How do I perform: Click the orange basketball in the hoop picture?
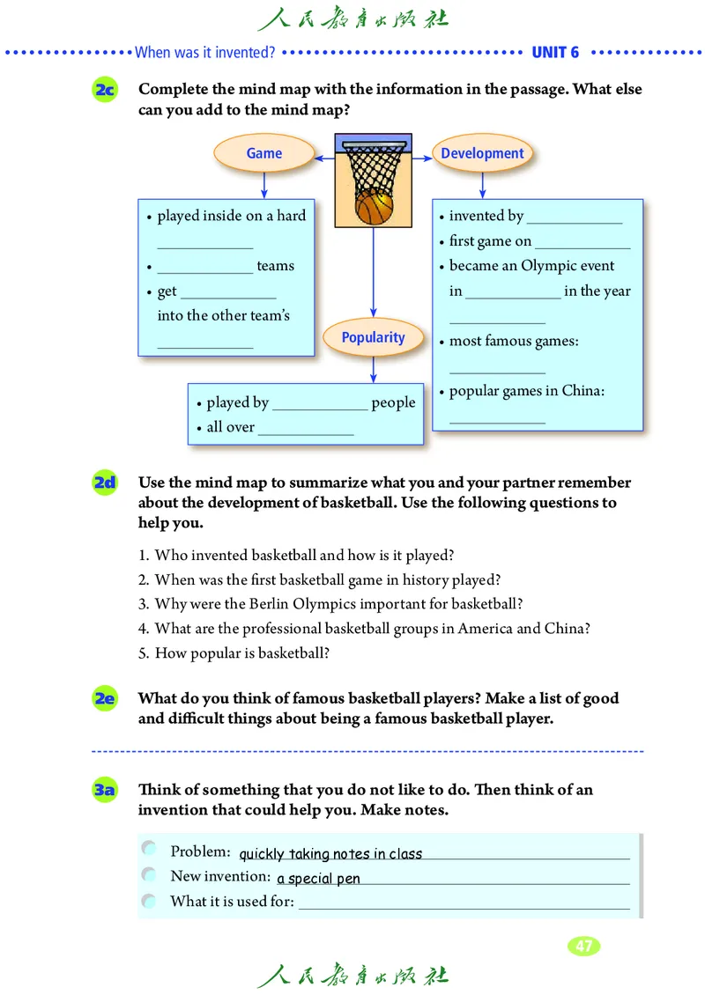pos(374,208)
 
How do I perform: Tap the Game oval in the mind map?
pos(263,153)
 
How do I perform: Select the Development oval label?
pos(482,153)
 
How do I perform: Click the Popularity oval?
pos(373,337)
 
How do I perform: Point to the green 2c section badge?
pos(105,90)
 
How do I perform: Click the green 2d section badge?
pos(105,483)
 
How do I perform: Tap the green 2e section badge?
pos(105,699)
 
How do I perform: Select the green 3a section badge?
pos(105,790)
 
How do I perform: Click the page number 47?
pos(583,947)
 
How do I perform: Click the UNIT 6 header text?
pos(555,52)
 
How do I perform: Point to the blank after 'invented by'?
pos(574,218)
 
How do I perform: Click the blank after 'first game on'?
pos(582,244)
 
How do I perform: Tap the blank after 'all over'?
pos(305,431)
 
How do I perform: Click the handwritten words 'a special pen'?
pos(318,879)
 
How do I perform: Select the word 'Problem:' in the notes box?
pos(200,851)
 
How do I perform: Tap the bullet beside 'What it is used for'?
pos(149,901)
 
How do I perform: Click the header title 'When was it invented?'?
pos(204,52)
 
